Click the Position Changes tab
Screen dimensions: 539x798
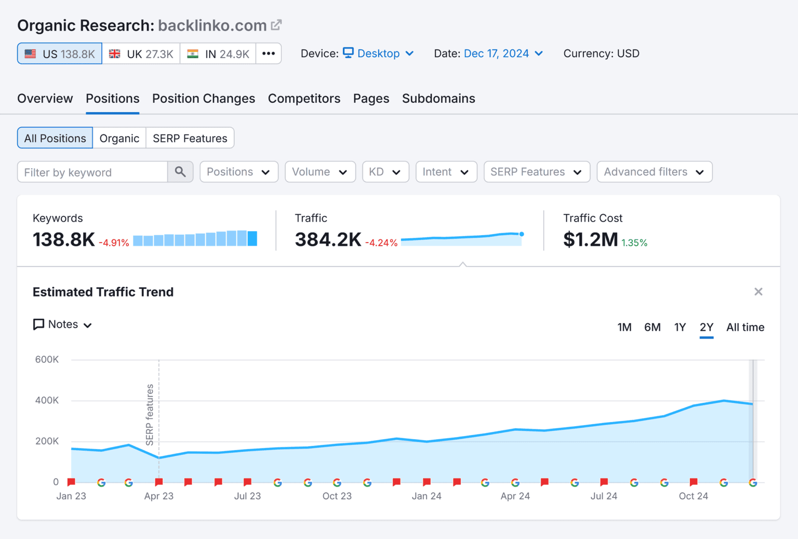pos(203,99)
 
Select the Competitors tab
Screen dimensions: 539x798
pos(304,99)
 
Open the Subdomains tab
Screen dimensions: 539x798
pos(438,99)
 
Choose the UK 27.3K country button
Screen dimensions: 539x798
pos(141,54)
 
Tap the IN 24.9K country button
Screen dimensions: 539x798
pos(218,54)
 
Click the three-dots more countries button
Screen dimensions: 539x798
pos(269,53)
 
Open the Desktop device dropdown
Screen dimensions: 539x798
pos(378,53)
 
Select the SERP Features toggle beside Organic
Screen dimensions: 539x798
pos(190,138)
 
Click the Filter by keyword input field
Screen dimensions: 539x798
pos(92,172)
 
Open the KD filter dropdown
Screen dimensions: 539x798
pos(385,172)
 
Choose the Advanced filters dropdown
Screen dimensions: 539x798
pos(654,172)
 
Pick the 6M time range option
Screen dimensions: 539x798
pos(652,327)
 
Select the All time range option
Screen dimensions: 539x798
pos(745,327)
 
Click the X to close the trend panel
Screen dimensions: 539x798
pos(758,292)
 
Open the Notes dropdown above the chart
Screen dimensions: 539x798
pos(63,325)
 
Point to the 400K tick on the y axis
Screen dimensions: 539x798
pos(47,400)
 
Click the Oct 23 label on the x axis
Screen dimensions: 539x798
pos(337,496)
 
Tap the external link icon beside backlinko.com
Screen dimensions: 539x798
pos(276,25)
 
